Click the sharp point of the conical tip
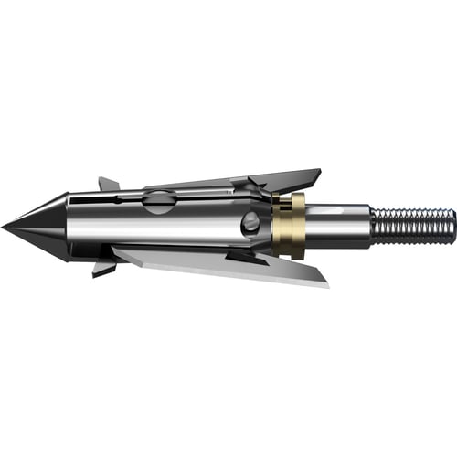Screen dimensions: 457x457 (x=4, y=224)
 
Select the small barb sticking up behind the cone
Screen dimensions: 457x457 (x=108, y=184)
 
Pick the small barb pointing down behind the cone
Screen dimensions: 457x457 (x=103, y=267)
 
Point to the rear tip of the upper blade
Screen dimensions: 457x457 (x=319, y=171)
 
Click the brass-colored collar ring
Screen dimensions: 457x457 (x=289, y=225)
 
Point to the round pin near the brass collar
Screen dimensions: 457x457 (x=251, y=222)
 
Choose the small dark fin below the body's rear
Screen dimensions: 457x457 (x=247, y=259)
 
